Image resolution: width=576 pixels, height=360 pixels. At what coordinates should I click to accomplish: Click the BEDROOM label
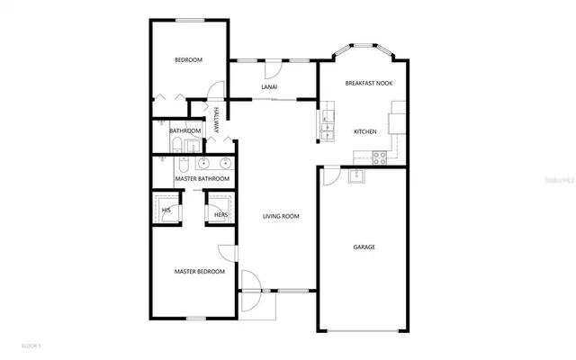click(x=188, y=60)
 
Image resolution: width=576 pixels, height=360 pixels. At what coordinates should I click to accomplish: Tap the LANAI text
click(x=269, y=87)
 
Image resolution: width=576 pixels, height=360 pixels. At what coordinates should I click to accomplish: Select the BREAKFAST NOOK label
click(x=368, y=84)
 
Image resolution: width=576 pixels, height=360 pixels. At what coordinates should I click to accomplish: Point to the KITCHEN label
click(x=364, y=132)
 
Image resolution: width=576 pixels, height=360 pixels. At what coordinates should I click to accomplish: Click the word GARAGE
click(x=364, y=247)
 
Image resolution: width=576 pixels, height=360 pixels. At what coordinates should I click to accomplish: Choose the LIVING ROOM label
click(x=281, y=216)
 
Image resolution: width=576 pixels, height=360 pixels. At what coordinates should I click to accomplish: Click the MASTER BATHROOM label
click(x=202, y=179)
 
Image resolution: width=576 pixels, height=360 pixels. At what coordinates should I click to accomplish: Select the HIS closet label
click(x=166, y=212)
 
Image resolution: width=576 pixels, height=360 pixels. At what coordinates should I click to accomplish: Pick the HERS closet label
click(x=220, y=215)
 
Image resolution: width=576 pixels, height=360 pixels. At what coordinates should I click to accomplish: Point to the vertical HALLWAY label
click(x=217, y=121)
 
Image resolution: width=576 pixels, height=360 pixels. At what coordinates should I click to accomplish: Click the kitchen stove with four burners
click(x=380, y=156)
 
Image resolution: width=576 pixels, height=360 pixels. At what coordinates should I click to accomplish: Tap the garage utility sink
click(x=357, y=175)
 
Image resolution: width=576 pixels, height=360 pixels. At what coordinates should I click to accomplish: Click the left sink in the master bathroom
click(x=204, y=164)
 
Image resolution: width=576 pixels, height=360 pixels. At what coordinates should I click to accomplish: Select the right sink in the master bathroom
click(x=223, y=164)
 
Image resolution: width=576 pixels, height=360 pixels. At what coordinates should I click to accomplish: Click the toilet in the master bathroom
click(x=182, y=165)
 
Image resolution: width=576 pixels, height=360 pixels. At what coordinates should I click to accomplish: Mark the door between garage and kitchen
click(x=332, y=175)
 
